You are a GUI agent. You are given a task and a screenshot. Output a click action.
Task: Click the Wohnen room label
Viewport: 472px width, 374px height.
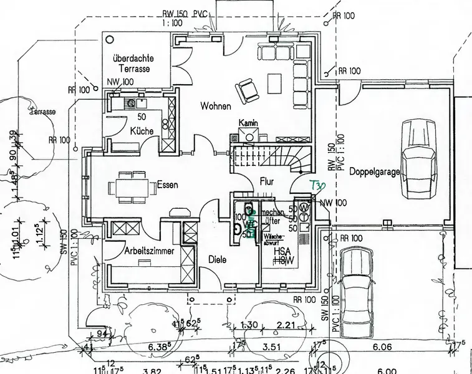coord(216,107)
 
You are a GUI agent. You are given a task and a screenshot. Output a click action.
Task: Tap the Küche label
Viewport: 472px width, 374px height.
coord(142,132)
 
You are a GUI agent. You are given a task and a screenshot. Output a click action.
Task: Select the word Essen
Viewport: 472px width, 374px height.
coord(168,185)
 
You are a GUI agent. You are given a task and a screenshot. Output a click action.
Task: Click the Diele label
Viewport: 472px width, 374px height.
coord(218,260)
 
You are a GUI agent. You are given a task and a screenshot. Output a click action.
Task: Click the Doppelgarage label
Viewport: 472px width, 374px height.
coord(374,171)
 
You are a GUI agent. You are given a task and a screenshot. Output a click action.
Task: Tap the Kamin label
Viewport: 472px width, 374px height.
coord(248,123)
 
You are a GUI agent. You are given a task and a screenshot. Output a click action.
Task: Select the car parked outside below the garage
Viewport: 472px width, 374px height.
coord(357,280)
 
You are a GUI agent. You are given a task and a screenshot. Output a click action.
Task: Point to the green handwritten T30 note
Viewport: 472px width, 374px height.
coord(318,185)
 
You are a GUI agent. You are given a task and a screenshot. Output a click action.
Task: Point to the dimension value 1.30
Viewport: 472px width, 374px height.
coord(249,325)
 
